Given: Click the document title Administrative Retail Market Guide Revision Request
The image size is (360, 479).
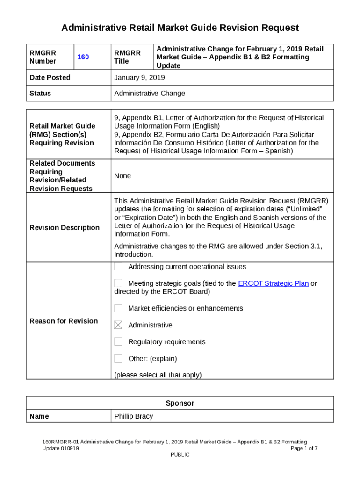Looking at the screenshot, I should [x=180, y=28].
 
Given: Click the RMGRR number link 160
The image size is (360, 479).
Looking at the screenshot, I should [x=83, y=57].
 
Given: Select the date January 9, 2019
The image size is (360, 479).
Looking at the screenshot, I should [x=139, y=78].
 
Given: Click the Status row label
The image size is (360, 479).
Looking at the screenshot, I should [x=40, y=94].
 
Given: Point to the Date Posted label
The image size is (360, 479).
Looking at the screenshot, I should [x=50, y=78].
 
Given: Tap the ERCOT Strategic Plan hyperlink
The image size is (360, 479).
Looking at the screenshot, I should [x=273, y=283].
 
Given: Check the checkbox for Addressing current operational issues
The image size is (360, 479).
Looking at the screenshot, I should [x=119, y=267].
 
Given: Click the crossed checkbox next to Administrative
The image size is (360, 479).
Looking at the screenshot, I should [x=119, y=325].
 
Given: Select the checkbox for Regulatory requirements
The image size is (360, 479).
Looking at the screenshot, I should [x=119, y=342].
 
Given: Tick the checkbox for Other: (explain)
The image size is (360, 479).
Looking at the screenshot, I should [x=119, y=359].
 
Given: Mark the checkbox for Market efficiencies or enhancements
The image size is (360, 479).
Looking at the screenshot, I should [x=119, y=308].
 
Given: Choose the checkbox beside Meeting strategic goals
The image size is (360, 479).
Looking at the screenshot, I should [x=119, y=283].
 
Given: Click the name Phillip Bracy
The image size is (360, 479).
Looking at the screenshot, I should [x=133, y=416].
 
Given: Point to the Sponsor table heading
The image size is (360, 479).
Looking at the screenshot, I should [x=180, y=403].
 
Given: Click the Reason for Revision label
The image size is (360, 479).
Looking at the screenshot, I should [x=64, y=321].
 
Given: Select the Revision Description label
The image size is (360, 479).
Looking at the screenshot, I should [x=65, y=228].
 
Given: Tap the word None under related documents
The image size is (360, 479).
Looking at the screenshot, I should [x=122, y=176].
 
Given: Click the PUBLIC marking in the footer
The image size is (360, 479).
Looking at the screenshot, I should [x=180, y=455].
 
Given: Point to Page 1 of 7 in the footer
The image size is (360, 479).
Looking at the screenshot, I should [x=304, y=448].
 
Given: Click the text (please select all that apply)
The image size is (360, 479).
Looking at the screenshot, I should [x=158, y=375].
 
